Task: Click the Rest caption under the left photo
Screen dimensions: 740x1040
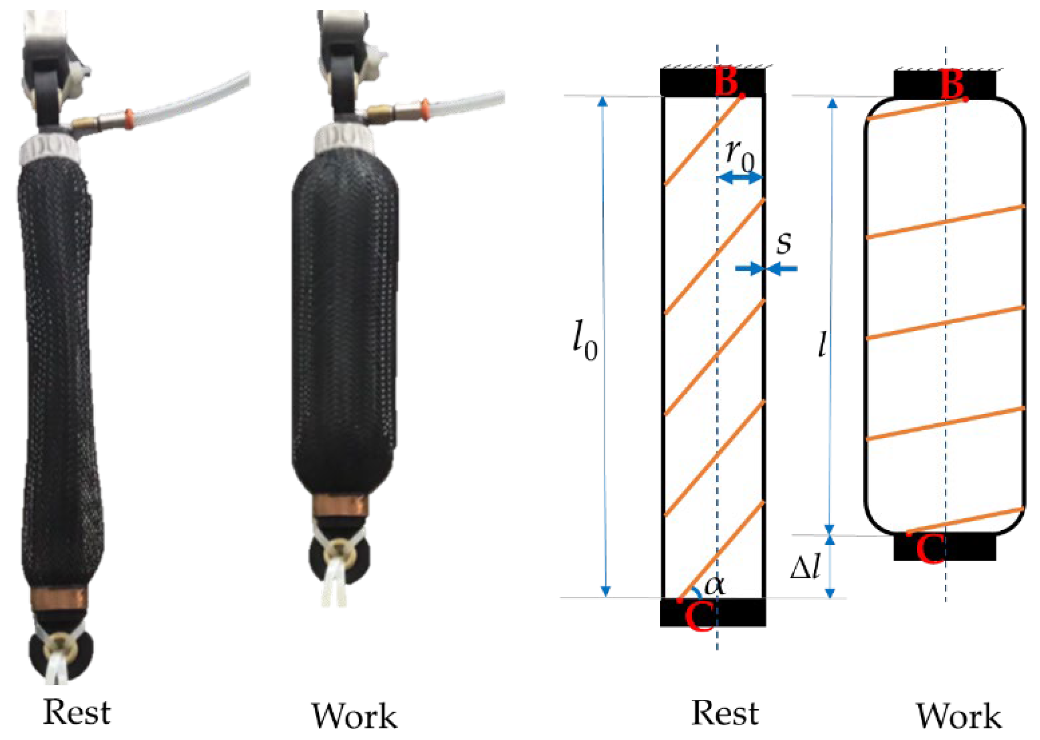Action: (x=77, y=712)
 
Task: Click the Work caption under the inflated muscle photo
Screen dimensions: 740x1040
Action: (x=355, y=715)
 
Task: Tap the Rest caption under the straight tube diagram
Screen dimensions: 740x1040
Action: (x=725, y=713)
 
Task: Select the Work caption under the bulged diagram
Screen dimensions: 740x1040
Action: (x=959, y=715)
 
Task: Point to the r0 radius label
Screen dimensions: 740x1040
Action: (x=740, y=155)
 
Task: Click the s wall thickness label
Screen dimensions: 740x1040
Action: (x=784, y=243)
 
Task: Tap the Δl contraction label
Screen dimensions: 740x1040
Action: (x=805, y=568)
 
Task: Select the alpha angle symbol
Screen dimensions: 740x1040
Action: (x=714, y=585)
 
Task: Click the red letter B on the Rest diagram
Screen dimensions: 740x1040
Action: (x=727, y=81)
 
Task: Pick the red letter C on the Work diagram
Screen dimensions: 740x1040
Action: (x=929, y=549)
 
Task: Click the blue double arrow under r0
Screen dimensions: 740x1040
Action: (x=740, y=178)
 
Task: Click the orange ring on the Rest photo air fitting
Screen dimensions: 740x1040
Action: (x=129, y=119)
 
